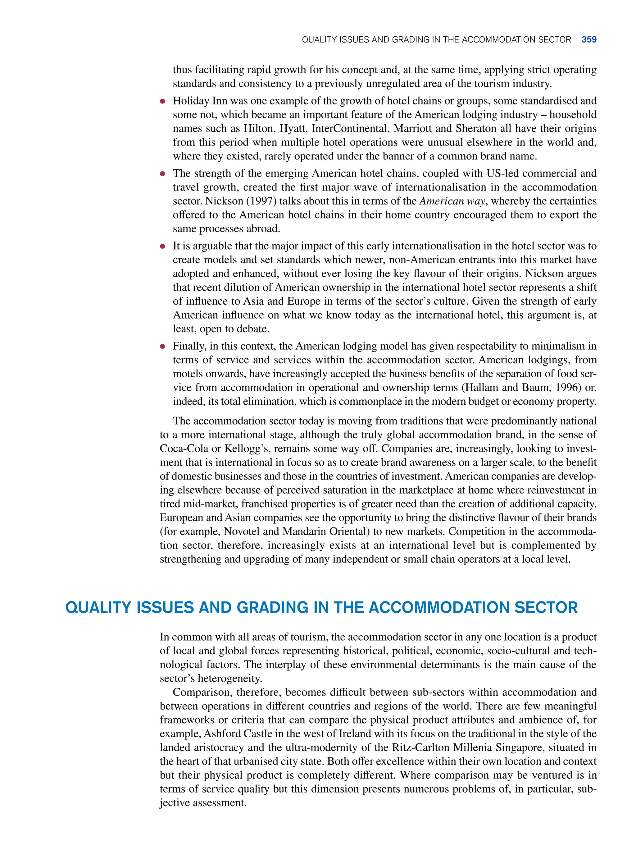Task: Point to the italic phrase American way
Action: [x=452, y=201]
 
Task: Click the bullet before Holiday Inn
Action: [x=163, y=101]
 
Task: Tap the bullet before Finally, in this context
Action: [x=163, y=346]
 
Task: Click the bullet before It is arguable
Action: [x=163, y=246]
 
